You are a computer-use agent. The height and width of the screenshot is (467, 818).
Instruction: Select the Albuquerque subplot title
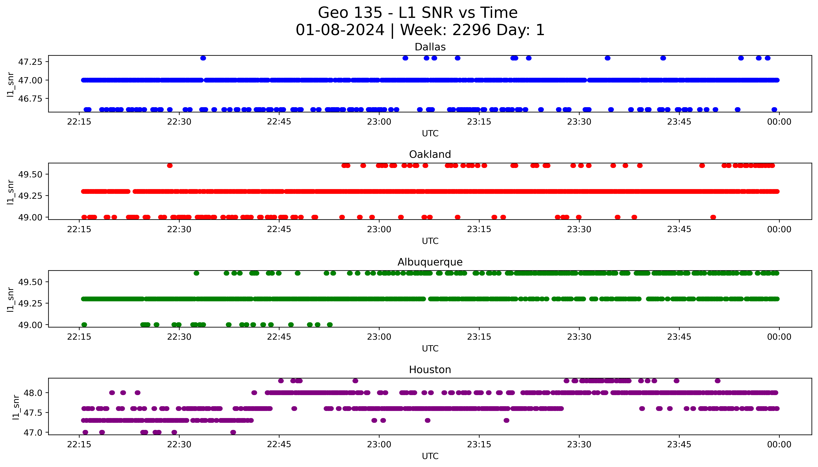430,262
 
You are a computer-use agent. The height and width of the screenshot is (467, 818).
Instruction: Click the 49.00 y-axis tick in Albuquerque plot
30,325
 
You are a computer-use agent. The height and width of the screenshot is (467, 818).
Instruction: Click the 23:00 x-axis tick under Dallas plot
379,122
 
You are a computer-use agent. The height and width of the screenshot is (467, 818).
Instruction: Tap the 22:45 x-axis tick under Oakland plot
279,229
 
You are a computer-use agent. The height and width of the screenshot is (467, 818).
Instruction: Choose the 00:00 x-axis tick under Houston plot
779,445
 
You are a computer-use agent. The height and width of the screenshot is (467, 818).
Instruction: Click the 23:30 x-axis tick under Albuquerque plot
579,337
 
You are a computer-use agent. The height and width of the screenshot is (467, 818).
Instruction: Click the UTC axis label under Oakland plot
430,241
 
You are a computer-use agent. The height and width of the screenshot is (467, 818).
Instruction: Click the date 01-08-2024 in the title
340,30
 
